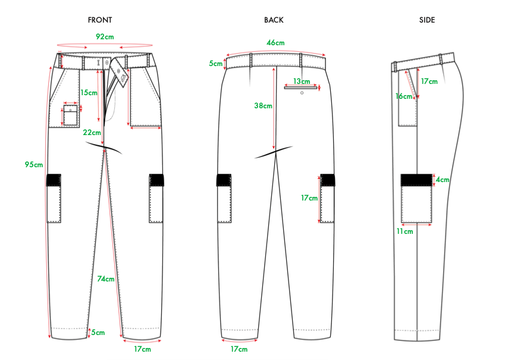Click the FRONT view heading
point(100,20)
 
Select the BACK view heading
point(274,20)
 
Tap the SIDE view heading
point(427,20)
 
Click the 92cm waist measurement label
point(105,36)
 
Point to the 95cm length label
point(34,164)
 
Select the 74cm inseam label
point(106,279)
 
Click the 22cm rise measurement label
point(92,133)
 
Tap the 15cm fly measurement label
point(89,93)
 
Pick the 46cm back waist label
point(275,43)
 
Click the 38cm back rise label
point(263,106)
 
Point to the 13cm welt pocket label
point(301,82)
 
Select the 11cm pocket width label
point(404,231)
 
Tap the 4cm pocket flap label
point(442,179)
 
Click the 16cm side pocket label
point(403,96)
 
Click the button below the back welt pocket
point(302,93)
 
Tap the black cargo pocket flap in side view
point(416,179)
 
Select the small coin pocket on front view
point(71,115)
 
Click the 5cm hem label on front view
point(98,333)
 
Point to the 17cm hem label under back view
point(239,349)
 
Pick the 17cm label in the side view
point(429,82)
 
